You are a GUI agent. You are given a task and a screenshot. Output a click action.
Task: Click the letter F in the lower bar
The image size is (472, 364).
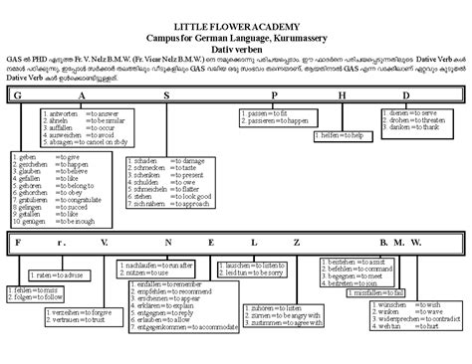19,242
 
